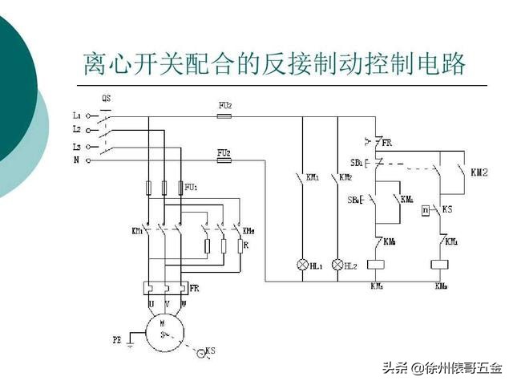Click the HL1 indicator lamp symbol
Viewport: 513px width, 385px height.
click(x=302, y=263)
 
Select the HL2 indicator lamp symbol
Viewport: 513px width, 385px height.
click(x=337, y=263)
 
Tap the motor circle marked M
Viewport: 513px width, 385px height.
click(x=165, y=329)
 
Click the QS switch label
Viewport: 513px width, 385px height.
click(x=107, y=99)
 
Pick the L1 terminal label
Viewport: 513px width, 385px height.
click(x=77, y=115)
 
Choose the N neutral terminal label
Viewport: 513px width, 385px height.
click(x=77, y=160)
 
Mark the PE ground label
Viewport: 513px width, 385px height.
click(x=117, y=340)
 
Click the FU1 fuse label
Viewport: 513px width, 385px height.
click(x=191, y=187)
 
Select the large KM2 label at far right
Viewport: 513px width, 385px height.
click(x=479, y=172)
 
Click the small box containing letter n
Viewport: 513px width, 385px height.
click(x=426, y=210)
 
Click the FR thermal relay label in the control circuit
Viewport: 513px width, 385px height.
click(x=387, y=143)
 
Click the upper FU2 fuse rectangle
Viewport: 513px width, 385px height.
click(x=225, y=116)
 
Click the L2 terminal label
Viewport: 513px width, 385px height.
click(x=77, y=129)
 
